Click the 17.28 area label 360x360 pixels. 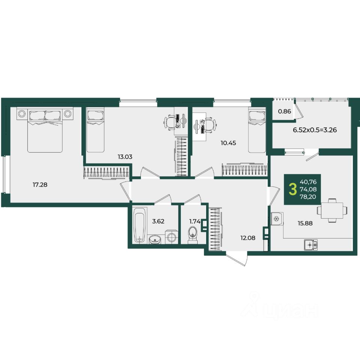(40, 184)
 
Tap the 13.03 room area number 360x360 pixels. (125, 157)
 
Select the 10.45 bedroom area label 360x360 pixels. (228, 143)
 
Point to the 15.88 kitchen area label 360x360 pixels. (305, 223)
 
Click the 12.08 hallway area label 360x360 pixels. (248, 238)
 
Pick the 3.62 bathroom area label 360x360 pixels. (158, 221)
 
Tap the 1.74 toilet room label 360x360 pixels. (195, 221)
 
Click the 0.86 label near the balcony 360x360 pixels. (285, 111)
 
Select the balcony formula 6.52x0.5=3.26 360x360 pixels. (315, 130)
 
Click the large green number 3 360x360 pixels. (292, 189)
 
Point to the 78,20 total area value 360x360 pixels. (308, 197)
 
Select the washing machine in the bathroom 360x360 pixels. (171, 237)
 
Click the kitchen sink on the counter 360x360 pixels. (311, 245)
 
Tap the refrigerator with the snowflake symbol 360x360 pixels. (277, 219)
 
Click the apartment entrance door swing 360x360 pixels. (237, 259)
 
